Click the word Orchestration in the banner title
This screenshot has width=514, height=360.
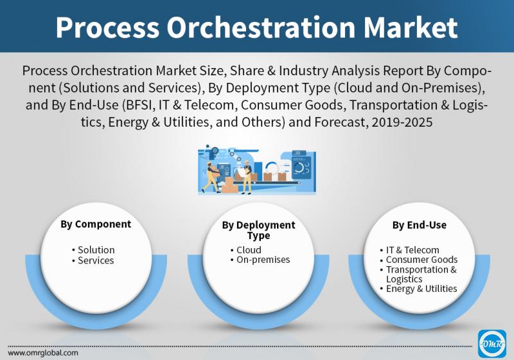(261, 27)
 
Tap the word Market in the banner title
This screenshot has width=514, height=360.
(411, 27)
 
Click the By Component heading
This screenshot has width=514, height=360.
(96, 224)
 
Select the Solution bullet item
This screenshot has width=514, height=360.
(93, 250)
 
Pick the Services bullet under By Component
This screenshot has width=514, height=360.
(93, 260)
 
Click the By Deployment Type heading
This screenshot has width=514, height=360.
(259, 230)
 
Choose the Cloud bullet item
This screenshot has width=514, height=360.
(246, 250)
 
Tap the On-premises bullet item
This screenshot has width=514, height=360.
(260, 260)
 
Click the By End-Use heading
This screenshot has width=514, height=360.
(420, 225)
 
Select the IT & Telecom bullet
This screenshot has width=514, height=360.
(410, 250)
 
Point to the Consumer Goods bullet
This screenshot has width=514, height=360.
(419, 260)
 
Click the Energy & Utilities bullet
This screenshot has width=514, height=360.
(419, 289)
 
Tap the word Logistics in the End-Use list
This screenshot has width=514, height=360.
(404, 279)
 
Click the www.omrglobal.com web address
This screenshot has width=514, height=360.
(43, 353)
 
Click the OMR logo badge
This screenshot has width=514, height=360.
(492, 343)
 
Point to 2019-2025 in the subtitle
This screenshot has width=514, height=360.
(402, 122)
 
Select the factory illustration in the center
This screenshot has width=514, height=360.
(257, 170)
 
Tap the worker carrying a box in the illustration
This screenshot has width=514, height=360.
(211, 176)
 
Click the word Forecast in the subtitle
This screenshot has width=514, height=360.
(340, 122)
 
